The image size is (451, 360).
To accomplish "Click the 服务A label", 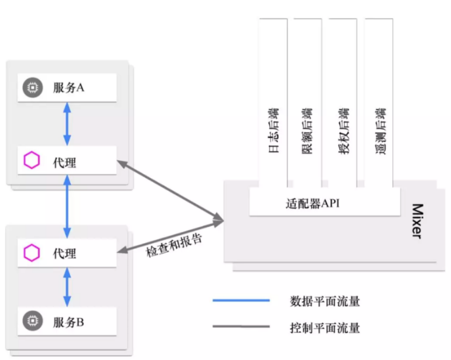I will [68, 88].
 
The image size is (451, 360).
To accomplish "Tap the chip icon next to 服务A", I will [32, 88].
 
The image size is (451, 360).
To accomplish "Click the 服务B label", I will [68, 322].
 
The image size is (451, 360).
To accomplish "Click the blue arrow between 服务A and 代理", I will [67, 124].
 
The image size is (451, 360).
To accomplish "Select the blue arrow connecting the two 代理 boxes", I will [67, 206].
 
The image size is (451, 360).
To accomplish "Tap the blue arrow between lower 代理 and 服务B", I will [67, 287].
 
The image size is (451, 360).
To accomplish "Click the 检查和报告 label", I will [174, 244].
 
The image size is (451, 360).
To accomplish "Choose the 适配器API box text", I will [314, 203].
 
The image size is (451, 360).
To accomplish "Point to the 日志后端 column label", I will [272, 131].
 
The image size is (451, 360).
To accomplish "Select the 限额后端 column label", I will [307, 131].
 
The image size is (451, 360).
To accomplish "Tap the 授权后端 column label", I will [343, 131].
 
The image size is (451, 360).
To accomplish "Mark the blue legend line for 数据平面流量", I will [241, 301].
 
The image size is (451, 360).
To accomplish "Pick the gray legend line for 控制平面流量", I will [241, 326].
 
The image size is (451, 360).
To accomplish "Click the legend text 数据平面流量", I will [325, 302].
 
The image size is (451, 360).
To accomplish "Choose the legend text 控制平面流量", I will [325, 327].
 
